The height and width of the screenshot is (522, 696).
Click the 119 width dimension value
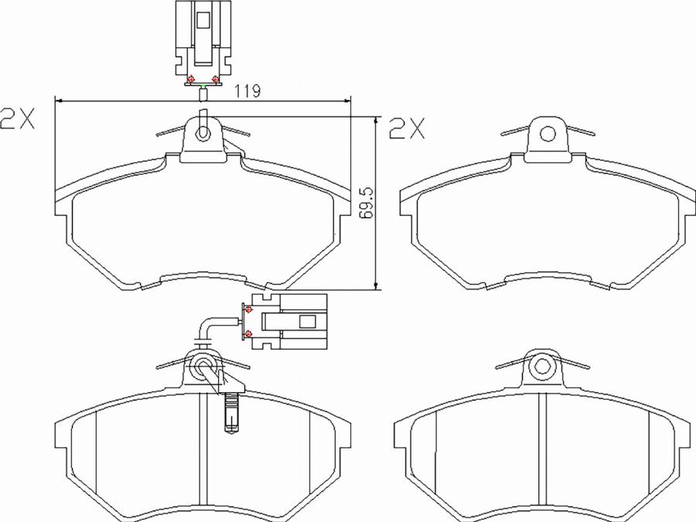247,90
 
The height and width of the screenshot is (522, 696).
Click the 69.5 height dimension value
367,203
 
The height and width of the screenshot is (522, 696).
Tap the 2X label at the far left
17,118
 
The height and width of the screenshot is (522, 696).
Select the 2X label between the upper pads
407,128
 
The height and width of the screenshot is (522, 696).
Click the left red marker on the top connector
191,80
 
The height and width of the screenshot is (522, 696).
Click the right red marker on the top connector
215,80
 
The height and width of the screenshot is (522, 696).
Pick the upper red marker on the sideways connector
248,309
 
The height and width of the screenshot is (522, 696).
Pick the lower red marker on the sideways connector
248,333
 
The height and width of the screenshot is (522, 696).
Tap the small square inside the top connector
203,20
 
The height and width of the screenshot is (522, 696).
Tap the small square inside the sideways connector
308,322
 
